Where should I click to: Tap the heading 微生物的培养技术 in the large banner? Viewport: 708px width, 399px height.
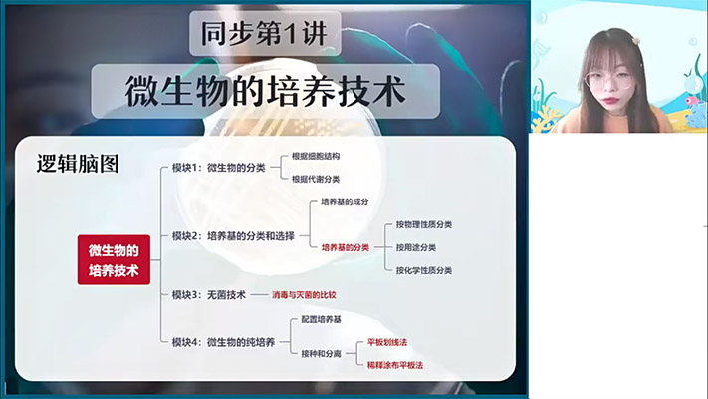point(266,92)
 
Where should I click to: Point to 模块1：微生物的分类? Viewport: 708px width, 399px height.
point(218,168)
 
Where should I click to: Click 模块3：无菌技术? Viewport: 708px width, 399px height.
point(208,295)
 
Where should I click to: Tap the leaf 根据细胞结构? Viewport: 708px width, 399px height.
point(316,157)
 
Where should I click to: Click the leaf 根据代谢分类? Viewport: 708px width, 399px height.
point(316,179)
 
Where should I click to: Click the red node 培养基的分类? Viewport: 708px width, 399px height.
point(345,246)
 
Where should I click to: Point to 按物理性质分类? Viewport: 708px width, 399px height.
point(423,224)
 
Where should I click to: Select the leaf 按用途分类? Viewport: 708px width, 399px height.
point(415,246)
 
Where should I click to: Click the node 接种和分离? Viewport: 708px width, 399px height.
point(322,353)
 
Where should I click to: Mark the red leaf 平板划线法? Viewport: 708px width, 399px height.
point(387,342)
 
